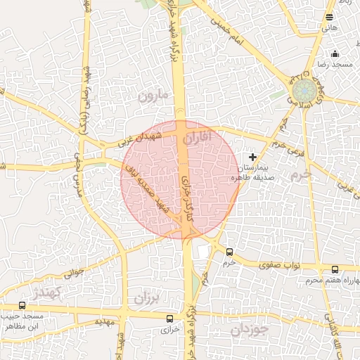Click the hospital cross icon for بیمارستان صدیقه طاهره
click(253, 156)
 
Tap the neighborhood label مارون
click(154, 94)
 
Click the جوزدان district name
click(250, 328)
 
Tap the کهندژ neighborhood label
click(47, 291)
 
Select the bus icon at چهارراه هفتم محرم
click(334, 269)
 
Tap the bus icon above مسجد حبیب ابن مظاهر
click(22, 305)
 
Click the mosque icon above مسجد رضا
click(335, 53)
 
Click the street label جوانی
click(73, 271)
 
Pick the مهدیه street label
click(104, 321)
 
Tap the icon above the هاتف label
click(330, 17)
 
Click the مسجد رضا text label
click(334, 64)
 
